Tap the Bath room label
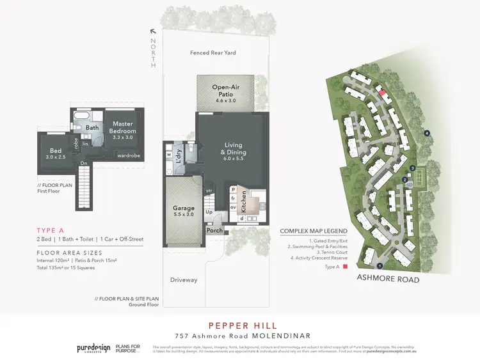(x=93, y=127)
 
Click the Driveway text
(x=184, y=280)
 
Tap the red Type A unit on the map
(x=382, y=93)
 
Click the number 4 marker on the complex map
(x=427, y=133)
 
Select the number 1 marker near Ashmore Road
(x=380, y=265)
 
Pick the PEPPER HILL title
(x=239, y=324)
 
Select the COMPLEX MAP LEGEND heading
(x=314, y=231)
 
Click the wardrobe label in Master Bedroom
(x=127, y=155)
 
